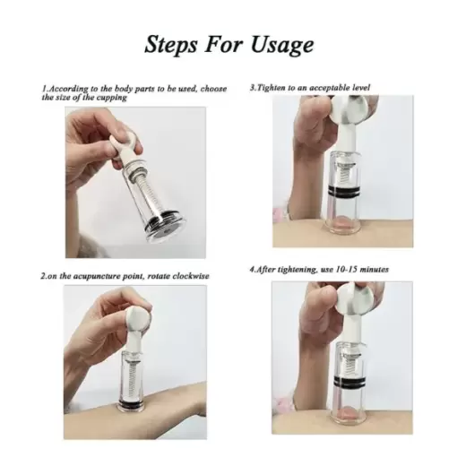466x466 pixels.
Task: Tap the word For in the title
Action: coord(229,44)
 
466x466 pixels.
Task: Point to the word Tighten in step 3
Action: coord(272,88)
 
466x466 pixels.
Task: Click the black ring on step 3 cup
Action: coord(349,194)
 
